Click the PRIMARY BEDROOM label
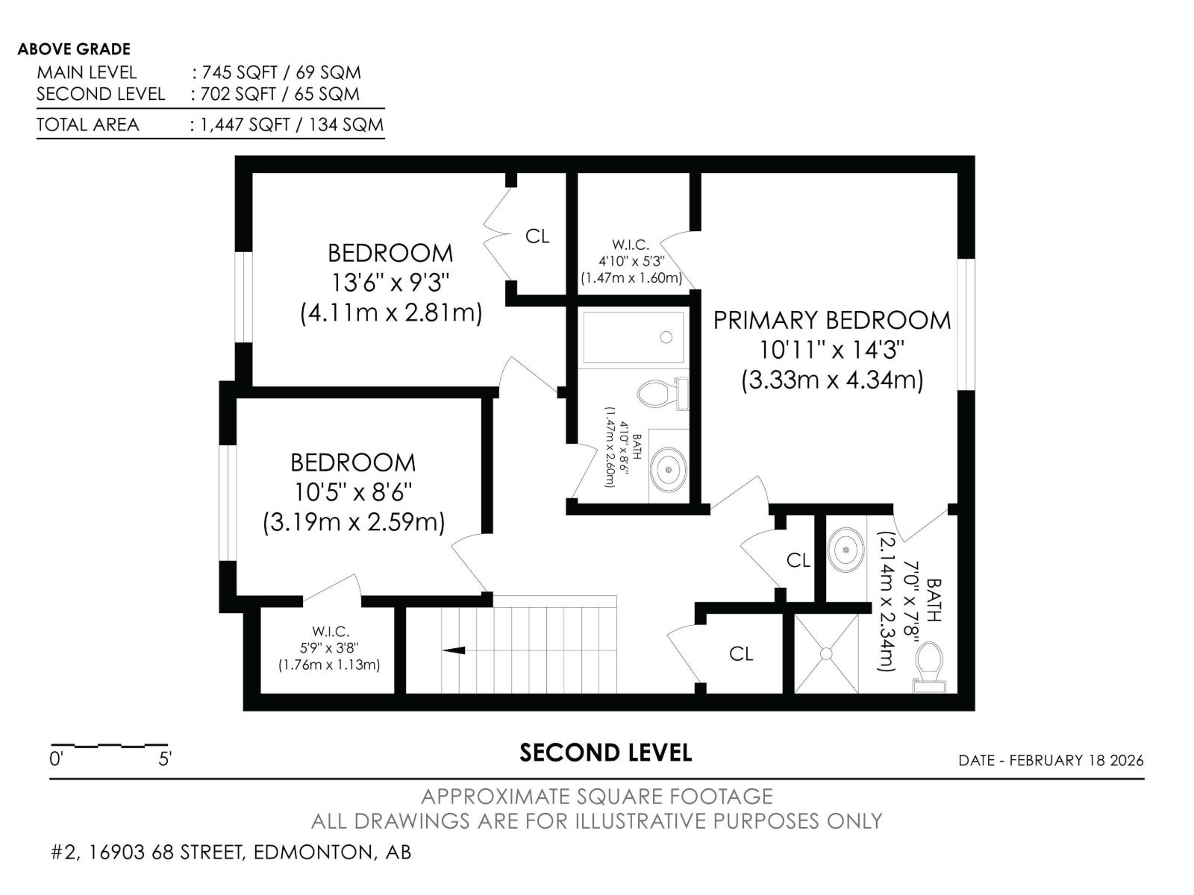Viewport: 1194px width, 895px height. pyautogui.click(x=832, y=320)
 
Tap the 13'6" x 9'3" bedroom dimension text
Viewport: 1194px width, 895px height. pyautogui.click(x=390, y=283)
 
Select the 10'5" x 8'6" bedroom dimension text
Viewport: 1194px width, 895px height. pyautogui.click(x=353, y=492)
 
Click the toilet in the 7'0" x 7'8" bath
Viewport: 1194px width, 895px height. pyautogui.click(x=930, y=663)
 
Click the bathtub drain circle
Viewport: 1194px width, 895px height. pyautogui.click(x=666, y=338)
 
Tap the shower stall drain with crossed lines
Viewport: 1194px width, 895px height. pyautogui.click(x=826, y=653)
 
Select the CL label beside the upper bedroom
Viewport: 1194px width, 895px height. pyautogui.click(x=537, y=236)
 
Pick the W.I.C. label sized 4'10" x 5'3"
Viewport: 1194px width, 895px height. pyautogui.click(x=631, y=245)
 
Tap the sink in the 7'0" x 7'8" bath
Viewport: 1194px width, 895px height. pyautogui.click(x=846, y=550)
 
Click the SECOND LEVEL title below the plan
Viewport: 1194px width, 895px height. pyautogui.click(x=605, y=753)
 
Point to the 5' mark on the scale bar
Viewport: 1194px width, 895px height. pyautogui.click(x=166, y=759)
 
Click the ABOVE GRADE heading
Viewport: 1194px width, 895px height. pyautogui.click(x=74, y=49)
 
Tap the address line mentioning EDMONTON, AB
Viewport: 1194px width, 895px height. pyautogui.click(x=231, y=852)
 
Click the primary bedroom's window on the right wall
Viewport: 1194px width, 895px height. pyautogui.click(x=966, y=324)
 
